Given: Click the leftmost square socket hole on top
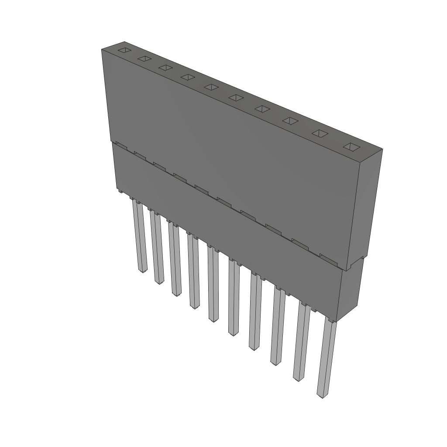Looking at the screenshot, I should (x=124, y=50).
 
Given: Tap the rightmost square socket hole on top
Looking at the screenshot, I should (x=352, y=147).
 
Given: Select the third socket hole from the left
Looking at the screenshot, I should (x=165, y=68).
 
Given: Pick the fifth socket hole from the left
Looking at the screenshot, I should (x=211, y=87).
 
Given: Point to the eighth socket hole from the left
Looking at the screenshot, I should (x=289, y=120).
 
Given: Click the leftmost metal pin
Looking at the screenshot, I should (x=140, y=236).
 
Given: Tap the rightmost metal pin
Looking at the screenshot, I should (x=327, y=358).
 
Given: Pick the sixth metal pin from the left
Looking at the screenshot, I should (x=234, y=297).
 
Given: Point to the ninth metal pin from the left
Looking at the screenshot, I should (x=301, y=343).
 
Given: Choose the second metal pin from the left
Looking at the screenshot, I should (x=157, y=247).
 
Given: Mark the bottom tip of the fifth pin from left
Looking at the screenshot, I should (x=213, y=319).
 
